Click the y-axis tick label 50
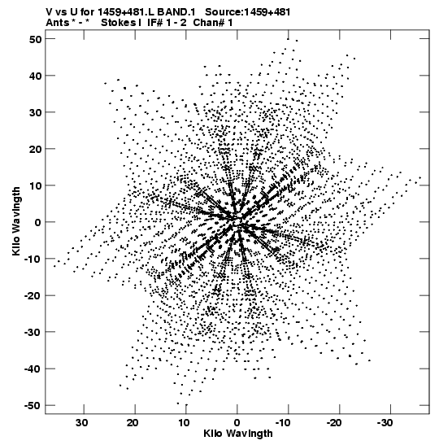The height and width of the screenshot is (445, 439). click(x=35, y=39)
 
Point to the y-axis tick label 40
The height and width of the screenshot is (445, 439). click(x=35, y=76)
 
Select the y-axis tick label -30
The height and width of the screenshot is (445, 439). click(x=33, y=332)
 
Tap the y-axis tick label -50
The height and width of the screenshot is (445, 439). click(x=33, y=406)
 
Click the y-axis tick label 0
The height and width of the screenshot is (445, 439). click(x=38, y=222)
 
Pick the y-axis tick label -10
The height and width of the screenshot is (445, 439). click(x=33, y=259)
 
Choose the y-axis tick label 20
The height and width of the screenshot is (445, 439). click(x=35, y=149)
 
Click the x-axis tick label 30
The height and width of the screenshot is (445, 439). click(x=81, y=423)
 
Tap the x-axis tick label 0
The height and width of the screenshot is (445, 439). click(x=237, y=423)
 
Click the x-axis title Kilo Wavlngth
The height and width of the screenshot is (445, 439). click(x=238, y=434)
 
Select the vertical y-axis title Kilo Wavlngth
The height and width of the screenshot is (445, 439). click(x=16, y=221)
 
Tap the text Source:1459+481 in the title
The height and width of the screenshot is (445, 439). click(x=248, y=12)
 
